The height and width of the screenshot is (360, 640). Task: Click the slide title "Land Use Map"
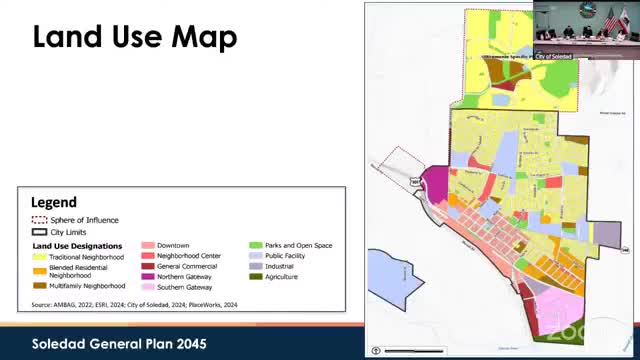point(135,38)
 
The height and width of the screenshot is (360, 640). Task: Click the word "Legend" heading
point(54,202)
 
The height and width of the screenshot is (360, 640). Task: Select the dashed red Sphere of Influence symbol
point(39,220)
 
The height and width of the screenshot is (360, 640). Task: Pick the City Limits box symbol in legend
point(39,231)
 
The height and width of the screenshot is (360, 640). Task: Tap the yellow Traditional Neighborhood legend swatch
point(39,257)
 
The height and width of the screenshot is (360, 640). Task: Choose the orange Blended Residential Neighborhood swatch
point(39,270)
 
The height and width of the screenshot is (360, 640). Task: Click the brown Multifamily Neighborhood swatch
point(39,285)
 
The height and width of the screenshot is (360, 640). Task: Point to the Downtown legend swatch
point(147,245)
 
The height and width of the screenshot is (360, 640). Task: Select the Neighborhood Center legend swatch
point(147,256)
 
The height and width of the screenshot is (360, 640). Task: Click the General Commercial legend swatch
point(147,266)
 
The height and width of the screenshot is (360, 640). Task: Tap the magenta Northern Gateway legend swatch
point(147,276)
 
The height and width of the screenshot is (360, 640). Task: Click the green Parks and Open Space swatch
point(255,245)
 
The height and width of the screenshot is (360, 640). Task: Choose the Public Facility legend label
point(285,256)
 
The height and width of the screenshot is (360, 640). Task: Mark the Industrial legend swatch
point(255,266)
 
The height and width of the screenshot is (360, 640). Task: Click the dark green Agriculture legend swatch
point(255,276)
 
